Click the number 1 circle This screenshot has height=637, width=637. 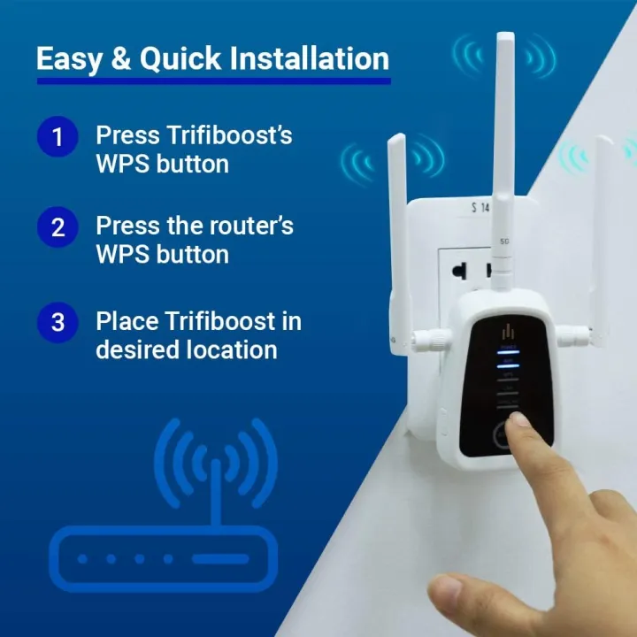58,137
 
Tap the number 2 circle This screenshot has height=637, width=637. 58,227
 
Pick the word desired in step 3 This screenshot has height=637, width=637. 135,349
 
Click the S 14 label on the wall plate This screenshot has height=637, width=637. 480,209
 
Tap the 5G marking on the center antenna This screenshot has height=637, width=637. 504,241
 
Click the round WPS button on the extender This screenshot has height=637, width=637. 503,434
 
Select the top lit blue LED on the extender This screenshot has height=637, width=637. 509,351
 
